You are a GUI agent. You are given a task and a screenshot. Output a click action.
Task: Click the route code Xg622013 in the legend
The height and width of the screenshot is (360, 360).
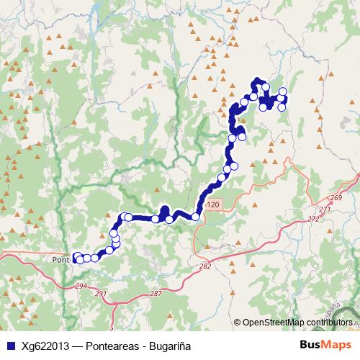coord(44,346)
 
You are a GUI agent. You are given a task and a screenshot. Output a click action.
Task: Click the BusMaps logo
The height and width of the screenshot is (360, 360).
coord(320,346)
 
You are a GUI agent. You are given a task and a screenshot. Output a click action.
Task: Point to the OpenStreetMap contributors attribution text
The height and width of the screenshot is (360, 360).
coord(297,323)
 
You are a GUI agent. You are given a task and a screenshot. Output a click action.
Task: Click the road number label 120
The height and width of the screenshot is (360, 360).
coord(212,205)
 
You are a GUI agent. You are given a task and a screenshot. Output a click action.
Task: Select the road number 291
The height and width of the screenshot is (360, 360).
coord(101,293)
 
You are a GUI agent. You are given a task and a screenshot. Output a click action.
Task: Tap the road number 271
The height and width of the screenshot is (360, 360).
coord(325,210)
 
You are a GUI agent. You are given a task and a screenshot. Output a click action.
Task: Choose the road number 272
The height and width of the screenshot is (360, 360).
coord(312,219)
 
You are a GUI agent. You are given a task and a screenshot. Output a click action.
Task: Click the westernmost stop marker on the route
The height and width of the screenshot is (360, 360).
coord(76,256)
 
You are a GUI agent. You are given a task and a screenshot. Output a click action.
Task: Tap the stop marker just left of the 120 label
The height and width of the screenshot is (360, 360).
coord(195,216)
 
